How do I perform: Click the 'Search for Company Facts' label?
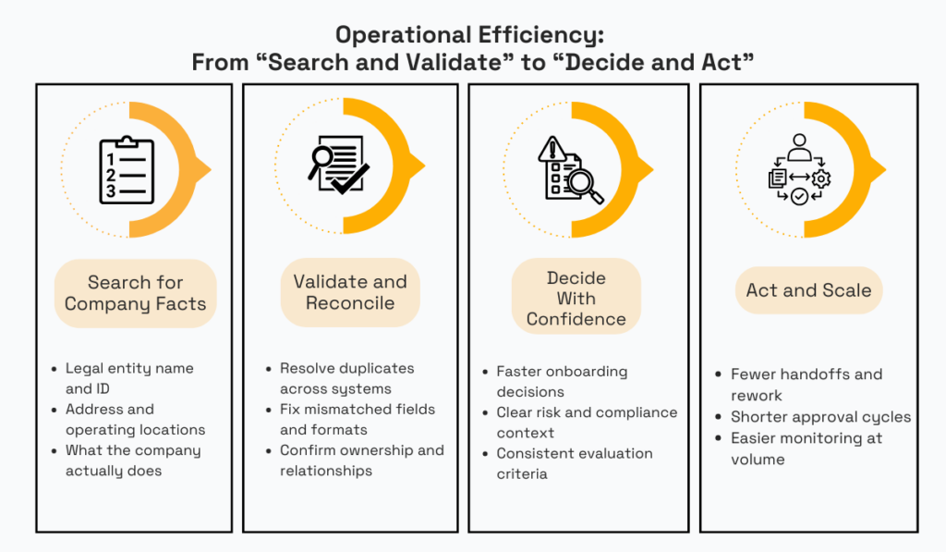[135, 293]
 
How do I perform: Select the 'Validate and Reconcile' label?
[350, 292]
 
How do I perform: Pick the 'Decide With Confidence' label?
[576, 298]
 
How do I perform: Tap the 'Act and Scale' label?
[808, 290]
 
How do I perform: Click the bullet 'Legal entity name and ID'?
[129, 378]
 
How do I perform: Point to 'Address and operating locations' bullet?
[135, 419]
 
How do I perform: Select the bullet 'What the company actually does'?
[132, 460]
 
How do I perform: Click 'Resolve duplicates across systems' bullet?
[347, 378]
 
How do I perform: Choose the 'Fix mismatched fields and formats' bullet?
[357, 419]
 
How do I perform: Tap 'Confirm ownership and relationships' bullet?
[361, 460]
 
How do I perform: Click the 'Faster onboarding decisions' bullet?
[562, 381]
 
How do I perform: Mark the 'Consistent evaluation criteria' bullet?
[574, 463]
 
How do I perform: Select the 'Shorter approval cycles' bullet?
[820, 417]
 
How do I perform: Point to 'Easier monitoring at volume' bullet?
[806, 448]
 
